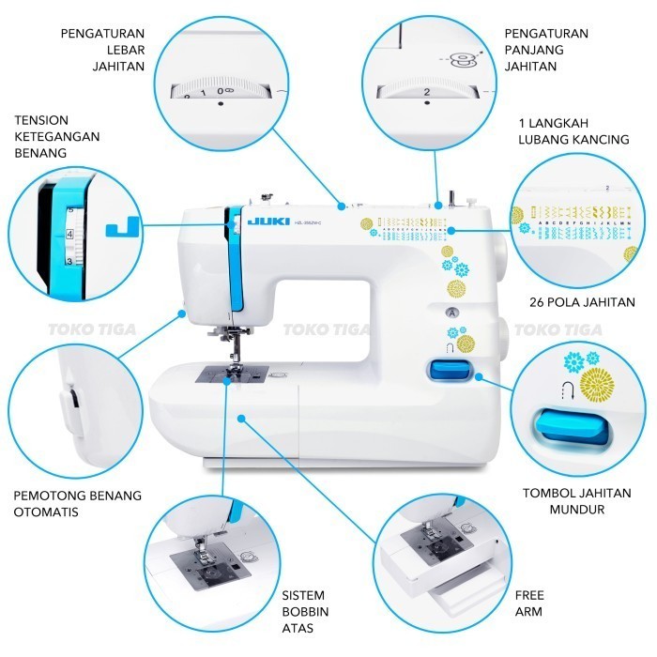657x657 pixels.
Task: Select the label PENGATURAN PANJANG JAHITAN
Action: tap(545, 49)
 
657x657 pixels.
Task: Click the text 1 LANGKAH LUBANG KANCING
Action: tap(573, 130)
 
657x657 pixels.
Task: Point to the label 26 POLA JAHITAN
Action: tap(582, 302)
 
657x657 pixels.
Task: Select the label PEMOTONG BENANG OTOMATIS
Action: tap(77, 503)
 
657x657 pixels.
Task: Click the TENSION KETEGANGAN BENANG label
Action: tap(57, 136)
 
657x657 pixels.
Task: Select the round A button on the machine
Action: tap(451, 312)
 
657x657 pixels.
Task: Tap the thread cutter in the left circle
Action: tap(71, 406)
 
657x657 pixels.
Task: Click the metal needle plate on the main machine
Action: tap(232, 374)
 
